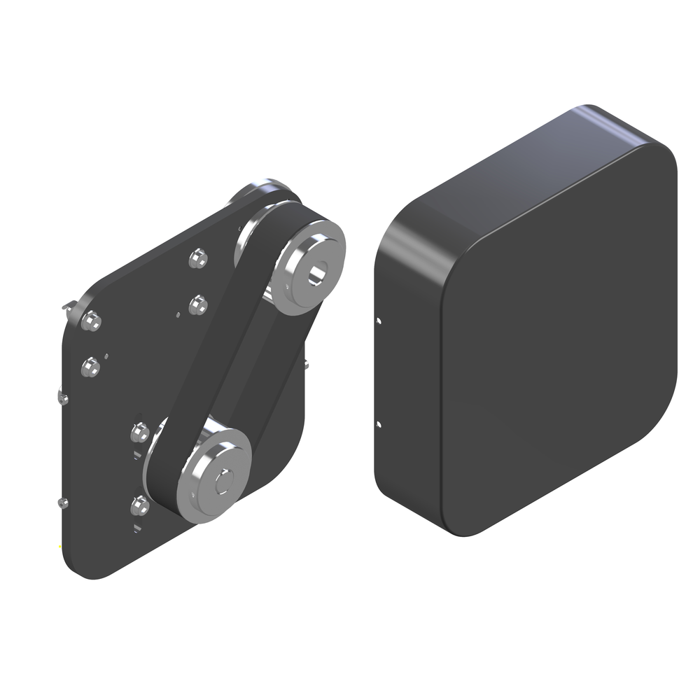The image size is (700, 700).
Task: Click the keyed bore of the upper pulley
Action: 319,273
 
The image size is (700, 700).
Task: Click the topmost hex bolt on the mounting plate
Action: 198,260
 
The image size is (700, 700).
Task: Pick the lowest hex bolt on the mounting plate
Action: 140,504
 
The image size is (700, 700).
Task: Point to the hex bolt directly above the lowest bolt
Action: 140,433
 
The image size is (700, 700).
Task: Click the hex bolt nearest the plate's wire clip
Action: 90,321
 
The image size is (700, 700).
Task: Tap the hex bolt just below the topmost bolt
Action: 198,304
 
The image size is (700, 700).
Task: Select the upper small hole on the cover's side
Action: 379,321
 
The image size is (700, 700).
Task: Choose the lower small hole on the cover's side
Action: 379,423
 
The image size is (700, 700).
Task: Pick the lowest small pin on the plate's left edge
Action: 62,502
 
